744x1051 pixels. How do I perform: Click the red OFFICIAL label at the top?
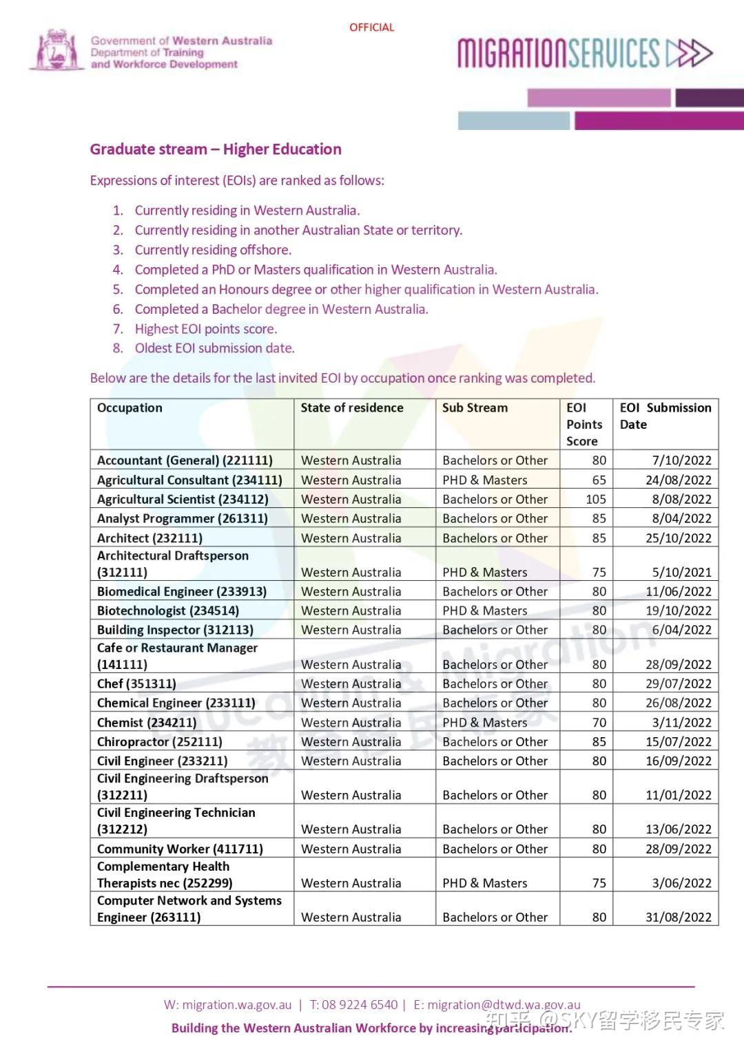371,28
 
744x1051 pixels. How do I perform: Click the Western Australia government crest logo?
56,50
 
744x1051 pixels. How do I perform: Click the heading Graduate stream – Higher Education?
216,149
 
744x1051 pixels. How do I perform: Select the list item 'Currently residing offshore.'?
213,250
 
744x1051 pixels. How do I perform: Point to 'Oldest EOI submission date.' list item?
214,348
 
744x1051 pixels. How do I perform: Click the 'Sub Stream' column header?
475,407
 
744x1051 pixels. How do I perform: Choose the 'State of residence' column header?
352,407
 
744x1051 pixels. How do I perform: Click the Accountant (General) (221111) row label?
185,460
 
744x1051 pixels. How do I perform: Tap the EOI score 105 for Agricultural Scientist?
596,499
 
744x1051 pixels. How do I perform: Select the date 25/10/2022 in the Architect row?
678,538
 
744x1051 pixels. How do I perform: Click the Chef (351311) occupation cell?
136,683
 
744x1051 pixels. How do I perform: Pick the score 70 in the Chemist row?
599,723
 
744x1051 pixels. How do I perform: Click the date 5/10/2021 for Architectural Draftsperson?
681,572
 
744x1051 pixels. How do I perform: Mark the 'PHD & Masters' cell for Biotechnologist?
485,611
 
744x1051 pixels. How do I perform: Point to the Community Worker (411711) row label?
180,849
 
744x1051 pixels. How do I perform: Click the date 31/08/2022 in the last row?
678,917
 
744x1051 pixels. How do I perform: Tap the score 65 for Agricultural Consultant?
599,480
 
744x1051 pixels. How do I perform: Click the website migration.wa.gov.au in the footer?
236,1005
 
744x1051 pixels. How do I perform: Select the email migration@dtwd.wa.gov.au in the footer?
504,1005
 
